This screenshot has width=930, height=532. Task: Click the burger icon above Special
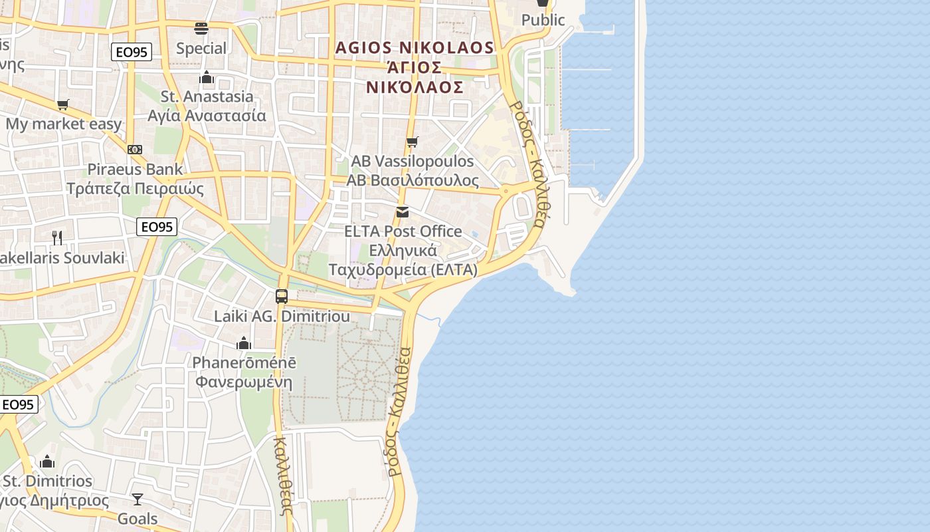coord(201,29)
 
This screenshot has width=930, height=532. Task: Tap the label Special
coord(201,49)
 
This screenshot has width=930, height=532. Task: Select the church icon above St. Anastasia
coord(207,78)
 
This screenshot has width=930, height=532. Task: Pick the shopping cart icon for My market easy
coord(63,104)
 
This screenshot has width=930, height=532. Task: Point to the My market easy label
coord(64,124)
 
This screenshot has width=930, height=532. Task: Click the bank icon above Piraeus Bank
coord(135,150)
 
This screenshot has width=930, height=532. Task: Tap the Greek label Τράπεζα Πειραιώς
coord(135,188)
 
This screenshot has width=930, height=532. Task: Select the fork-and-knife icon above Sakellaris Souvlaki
coord(57,237)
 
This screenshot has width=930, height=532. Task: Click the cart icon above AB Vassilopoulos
coord(413,142)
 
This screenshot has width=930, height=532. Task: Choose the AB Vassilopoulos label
coord(413,162)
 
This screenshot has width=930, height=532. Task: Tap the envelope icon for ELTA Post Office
coord(403,212)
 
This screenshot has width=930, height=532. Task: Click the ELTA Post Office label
coord(403,231)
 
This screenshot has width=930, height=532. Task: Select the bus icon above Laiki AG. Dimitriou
coord(282,297)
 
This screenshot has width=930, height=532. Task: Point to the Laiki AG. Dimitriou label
coord(282,317)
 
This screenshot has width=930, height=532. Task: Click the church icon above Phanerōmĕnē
coord(244,343)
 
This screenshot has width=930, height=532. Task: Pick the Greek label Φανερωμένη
coord(244,382)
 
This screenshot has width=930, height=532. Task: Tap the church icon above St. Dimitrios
coord(47,462)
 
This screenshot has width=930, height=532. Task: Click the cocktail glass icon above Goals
coord(138,499)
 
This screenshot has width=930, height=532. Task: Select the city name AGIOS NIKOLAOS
coord(415,48)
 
